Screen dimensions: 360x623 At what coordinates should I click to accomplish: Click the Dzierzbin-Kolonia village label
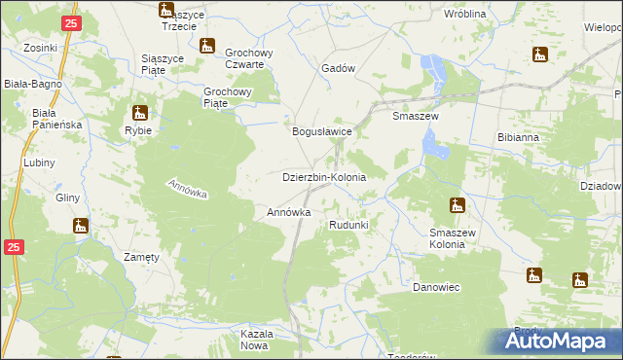323,178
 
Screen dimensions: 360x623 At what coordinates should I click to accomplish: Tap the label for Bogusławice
322,129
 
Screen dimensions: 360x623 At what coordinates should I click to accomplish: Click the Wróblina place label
464,15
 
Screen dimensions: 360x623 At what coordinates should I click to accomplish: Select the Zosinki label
42,47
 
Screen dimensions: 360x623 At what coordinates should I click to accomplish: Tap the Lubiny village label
41,162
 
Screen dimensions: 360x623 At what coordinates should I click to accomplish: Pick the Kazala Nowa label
254,340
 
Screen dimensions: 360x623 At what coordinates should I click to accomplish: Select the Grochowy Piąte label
229,95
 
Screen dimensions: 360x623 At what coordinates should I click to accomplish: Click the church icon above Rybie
139,112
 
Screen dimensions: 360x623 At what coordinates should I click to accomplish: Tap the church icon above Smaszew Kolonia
457,205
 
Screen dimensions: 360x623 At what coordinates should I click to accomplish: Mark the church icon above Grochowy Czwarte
206,46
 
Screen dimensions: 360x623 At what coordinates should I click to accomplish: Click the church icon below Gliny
81,226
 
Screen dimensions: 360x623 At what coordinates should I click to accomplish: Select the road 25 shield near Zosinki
69,22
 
